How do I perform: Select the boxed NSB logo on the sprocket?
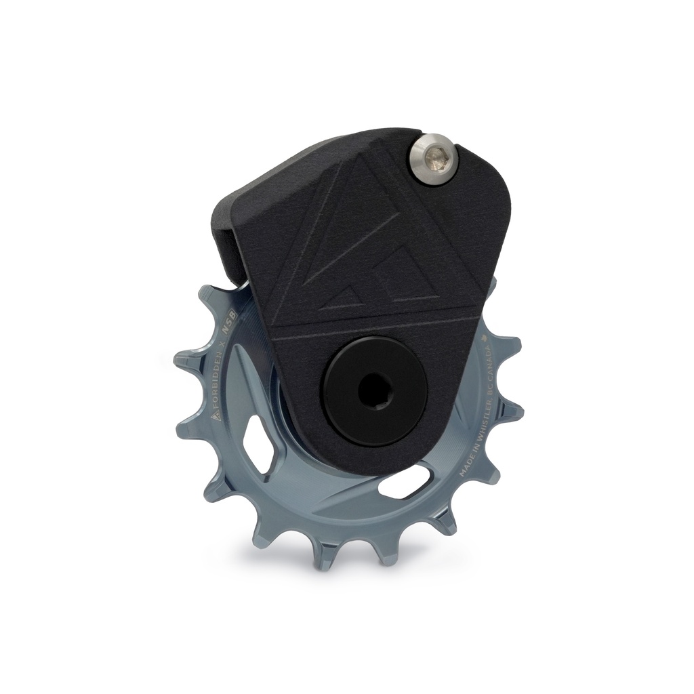click(230, 329)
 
